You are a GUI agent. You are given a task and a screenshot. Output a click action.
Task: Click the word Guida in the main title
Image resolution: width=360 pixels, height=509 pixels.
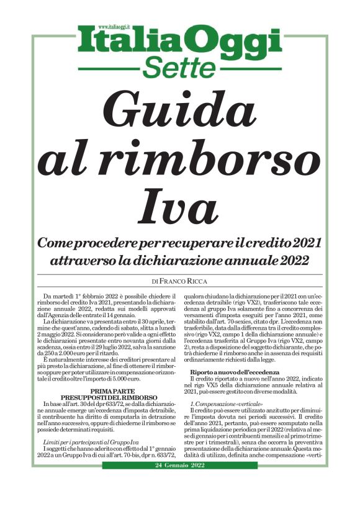(x=180, y=109)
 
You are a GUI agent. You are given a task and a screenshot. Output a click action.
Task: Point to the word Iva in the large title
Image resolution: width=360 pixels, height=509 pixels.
(x=180, y=206)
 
